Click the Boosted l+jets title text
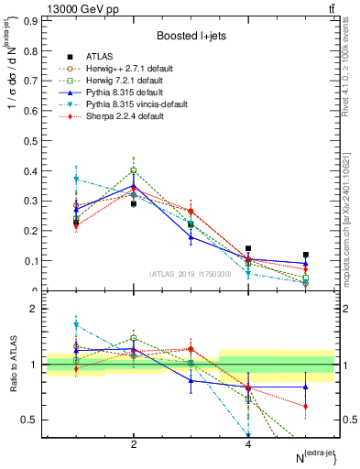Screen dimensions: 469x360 click(191, 36)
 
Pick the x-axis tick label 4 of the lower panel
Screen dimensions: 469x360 click(248, 444)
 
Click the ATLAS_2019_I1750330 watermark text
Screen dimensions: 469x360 click(191, 274)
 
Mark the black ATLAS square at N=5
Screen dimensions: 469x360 click(306, 255)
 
